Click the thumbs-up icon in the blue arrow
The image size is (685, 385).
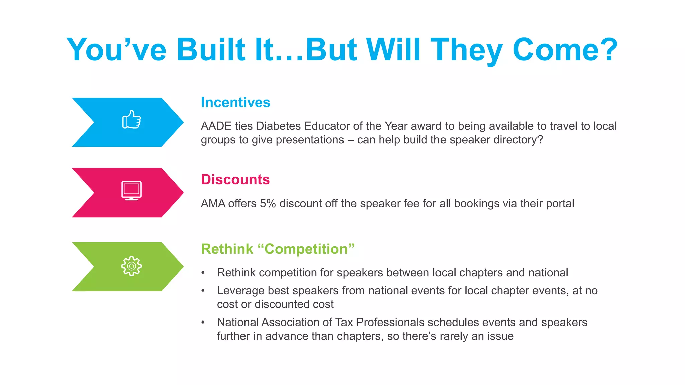131,120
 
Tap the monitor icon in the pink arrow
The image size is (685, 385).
131,190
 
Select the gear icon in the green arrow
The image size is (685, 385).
131,266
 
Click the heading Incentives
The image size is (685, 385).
235,102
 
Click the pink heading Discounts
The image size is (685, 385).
235,180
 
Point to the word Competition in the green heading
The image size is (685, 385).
306,249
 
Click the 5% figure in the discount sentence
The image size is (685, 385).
268,204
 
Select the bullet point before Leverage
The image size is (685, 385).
203,291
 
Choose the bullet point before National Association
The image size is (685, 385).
203,323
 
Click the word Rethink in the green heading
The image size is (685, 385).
227,249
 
